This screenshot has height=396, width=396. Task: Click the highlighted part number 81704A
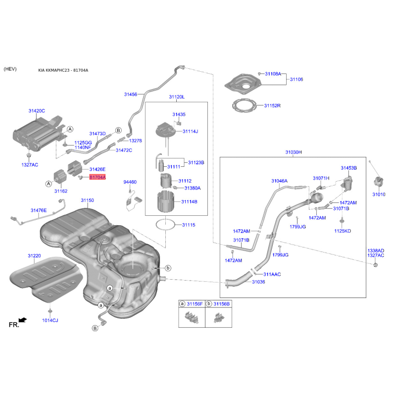coord(98,177)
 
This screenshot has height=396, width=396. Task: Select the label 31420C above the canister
coord(37,111)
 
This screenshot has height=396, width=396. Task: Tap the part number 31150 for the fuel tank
coord(88,200)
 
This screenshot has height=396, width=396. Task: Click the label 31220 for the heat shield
coord(34,256)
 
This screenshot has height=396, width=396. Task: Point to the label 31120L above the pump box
coord(177,97)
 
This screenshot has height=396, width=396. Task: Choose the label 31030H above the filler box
coord(294,152)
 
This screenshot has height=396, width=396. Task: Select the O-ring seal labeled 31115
coord(165,225)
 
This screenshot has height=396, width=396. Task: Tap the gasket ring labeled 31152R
coord(244,106)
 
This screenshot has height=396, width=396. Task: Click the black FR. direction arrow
coord(23,320)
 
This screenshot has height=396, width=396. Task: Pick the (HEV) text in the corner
coord(10,69)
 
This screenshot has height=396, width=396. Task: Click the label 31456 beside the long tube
coord(131,95)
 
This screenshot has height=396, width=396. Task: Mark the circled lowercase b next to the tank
coord(168,268)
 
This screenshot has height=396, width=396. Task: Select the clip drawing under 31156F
coord(192,317)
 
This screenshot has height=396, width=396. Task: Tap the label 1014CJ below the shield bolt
coord(50,320)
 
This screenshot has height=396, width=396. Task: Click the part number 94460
coord(130,182)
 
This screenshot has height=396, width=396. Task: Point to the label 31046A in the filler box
coord(279,181)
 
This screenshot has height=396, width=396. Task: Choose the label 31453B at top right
coord(349,168)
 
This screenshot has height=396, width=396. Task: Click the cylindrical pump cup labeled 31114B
coord(166,201)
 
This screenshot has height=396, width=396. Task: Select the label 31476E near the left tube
coord(39,210)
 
